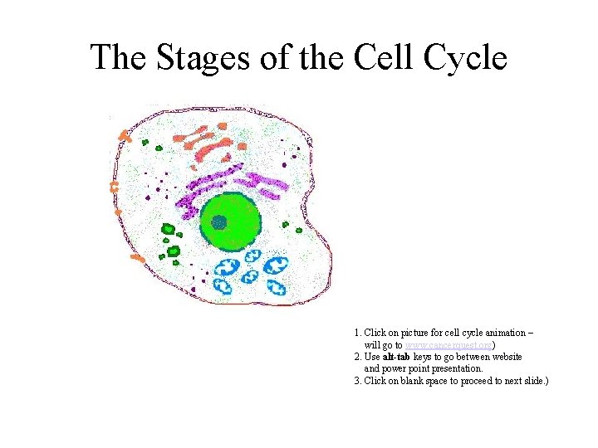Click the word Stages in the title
coord(187,58)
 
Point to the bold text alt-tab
coord(398,356)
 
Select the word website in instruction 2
coord(503,356)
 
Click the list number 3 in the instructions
coord(357,381)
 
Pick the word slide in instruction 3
coord(532,381)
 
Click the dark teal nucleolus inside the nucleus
coord(218,222)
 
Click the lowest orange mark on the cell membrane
coord(137,258)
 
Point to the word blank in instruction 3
coord(413,381)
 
